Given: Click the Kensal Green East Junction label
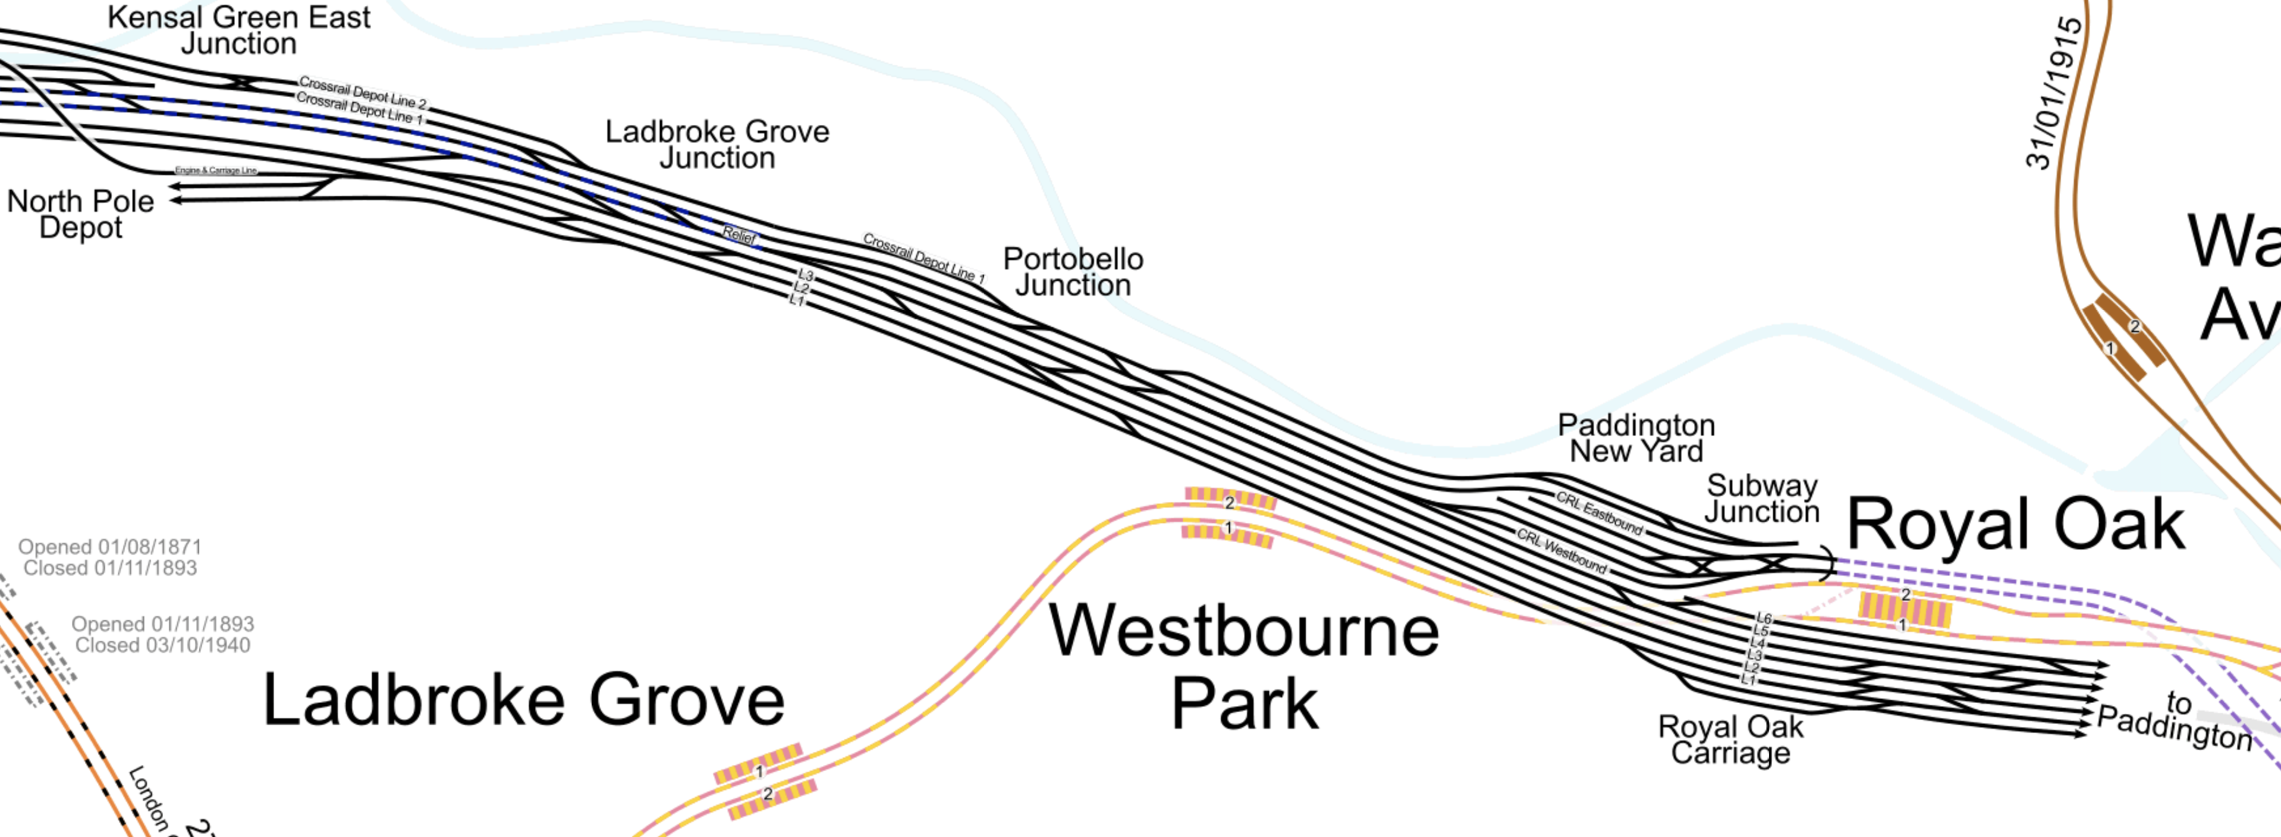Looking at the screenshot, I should pyautogui.click(x=239, y=30).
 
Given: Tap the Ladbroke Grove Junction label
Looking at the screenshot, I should pyautogui.click(x=717, y=145).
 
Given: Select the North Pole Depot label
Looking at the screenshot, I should pyautogui.click(x=81, y=214).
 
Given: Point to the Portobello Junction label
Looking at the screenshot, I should pyautogui.click(x=1073, y=272).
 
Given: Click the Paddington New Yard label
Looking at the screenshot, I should pyautogui.click(x=1636, y=438).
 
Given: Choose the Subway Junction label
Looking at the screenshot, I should pyautogui.click(x=1762, y=499).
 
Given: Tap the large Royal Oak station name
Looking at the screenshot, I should pyautogui.click(x=2015, y=524).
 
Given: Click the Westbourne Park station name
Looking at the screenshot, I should pyautogui.click(x=1244, y=666).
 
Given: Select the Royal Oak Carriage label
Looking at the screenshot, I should pyautogui.click(x=1730, y=739).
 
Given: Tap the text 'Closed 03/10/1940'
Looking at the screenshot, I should pyautogui.click(x=163, y=645).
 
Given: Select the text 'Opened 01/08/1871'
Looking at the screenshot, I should pyautogui.click(x=110, y=547).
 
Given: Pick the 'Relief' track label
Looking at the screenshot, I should pyautogui.click(x=739, y=235).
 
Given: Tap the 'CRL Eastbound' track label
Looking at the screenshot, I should pyautogui.click(x=1599, y=513).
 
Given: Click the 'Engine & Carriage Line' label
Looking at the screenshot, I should pyautogui.click(x=216, y=170).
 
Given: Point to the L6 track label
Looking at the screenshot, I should pyautogui.click(x=1763, y=618).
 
